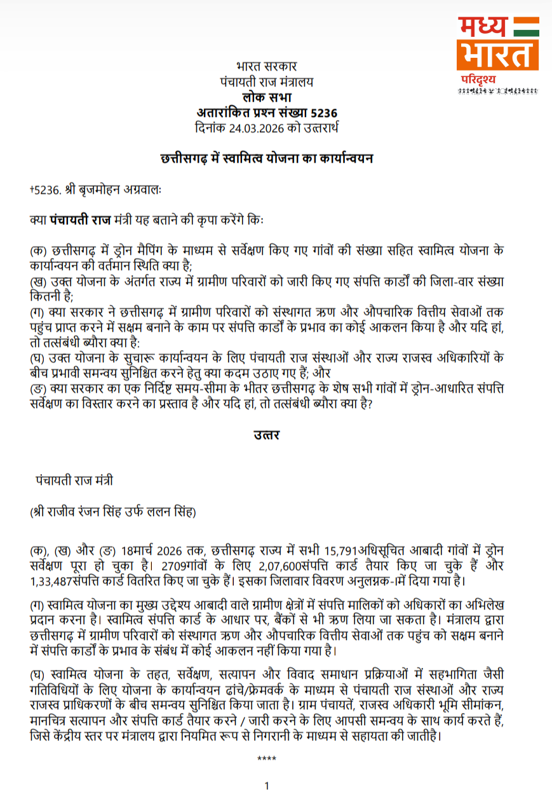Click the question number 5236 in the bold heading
(x=323, y=113)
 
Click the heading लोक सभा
(x=266, y=97)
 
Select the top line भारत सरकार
(x=266, y=66)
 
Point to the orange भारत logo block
(x=497, y=55)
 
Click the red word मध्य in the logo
(x=483, y=27)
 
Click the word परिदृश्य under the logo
(x=479, y=79)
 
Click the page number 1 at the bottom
(x=267, y=786)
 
